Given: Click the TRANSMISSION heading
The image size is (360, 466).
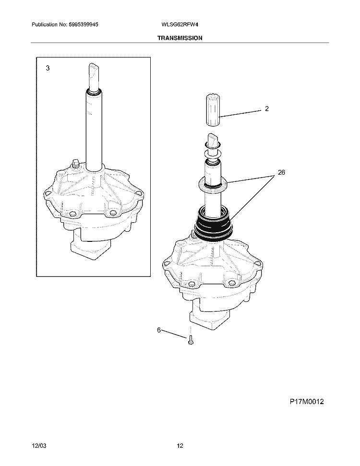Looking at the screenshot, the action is coord(180,38).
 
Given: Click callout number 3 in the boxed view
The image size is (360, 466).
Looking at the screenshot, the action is coord(48,68).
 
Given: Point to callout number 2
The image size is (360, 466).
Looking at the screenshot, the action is coord(267,109).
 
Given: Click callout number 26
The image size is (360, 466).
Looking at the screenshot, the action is coord(281,172).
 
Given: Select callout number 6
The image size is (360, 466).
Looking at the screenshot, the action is coord(159,330).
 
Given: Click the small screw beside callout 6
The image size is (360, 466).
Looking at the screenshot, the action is coord(191,340).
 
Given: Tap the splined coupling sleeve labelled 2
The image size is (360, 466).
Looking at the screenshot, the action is coord(213,110).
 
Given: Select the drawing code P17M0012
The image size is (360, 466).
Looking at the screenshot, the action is coord(307,402).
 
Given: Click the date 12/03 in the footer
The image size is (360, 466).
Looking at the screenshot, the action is coord(39,446).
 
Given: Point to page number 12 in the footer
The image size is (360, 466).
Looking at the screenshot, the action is coord(180,446).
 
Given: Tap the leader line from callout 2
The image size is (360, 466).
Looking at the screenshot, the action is coord(240,114).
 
